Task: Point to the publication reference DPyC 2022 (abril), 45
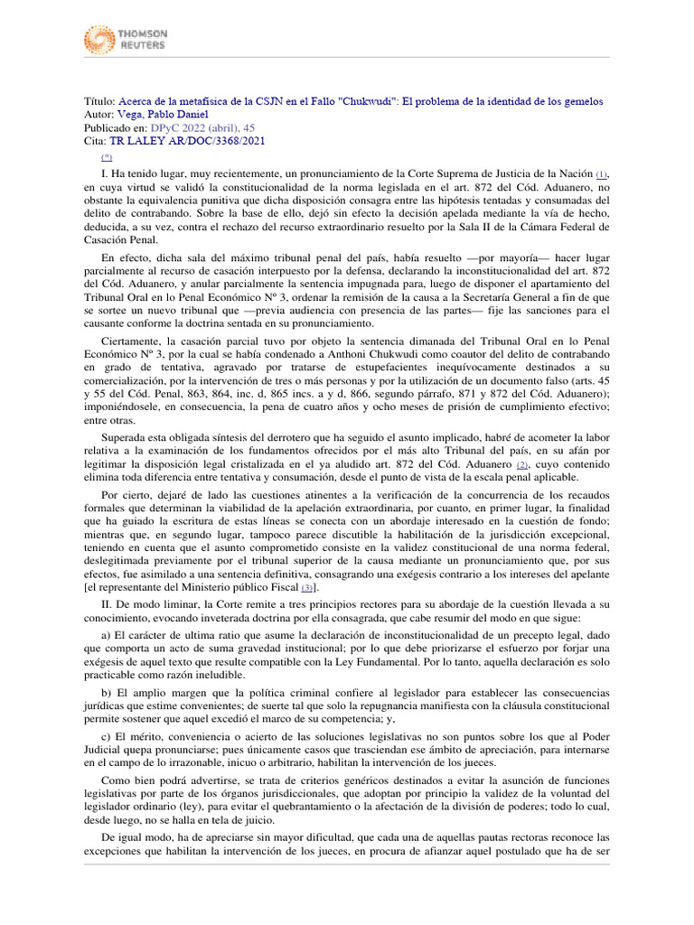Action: [x=202, y=128]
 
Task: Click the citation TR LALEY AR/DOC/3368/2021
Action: [x=187, y=142]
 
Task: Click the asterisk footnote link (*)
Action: [x=108, y=155]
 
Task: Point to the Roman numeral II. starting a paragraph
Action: [x=108, y=603]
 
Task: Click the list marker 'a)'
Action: [x=108, y=634]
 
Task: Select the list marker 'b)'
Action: [x=108, y=693]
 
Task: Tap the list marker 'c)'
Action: [x=108, y=738]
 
